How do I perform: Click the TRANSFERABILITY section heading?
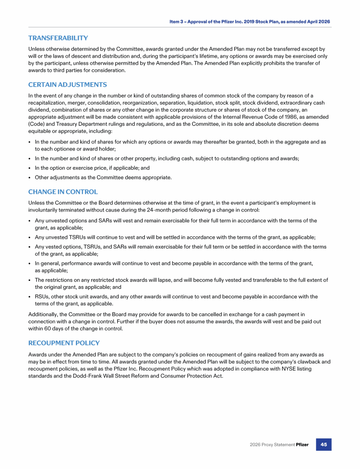[58, 38]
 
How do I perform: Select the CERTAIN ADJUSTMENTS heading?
[67, 85]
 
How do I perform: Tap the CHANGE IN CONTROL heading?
[63, 192]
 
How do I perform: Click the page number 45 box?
[323, 444]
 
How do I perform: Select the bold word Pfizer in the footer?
[302, 445]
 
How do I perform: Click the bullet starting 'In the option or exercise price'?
[92, 168]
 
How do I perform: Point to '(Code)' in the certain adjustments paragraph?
[37, 124]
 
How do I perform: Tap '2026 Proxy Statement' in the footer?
[271, 445]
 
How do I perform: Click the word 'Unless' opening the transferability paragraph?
[37, 49]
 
